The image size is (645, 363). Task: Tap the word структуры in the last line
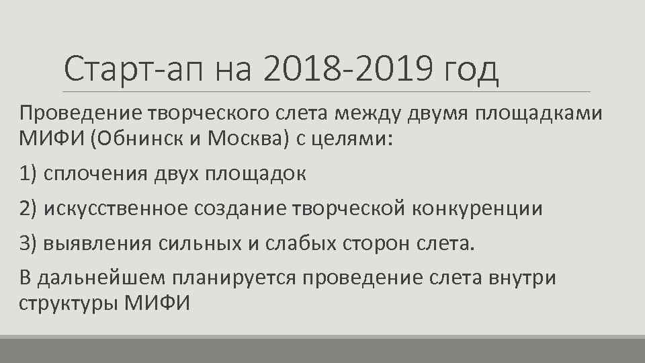(x=68, y=304)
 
